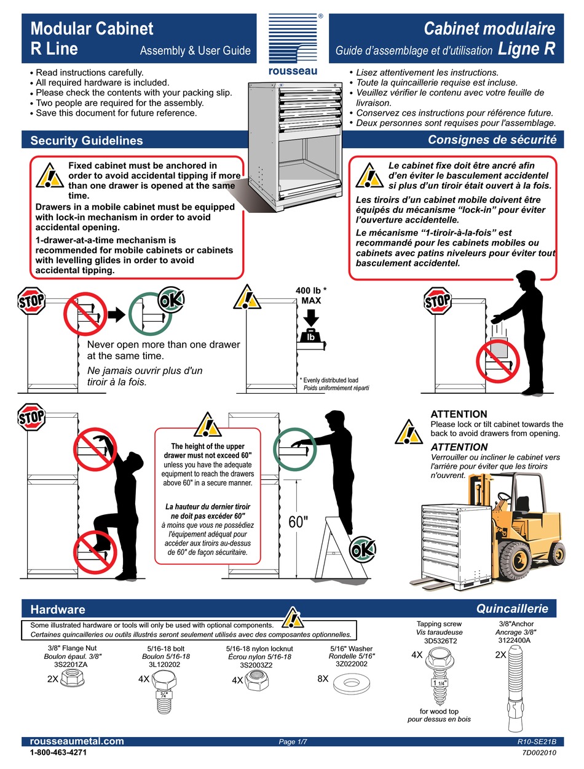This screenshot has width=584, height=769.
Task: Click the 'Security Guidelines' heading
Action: pos(87,140)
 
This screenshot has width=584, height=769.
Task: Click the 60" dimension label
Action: pos(298,522)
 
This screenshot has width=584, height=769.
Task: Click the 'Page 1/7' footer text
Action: pos(293,743)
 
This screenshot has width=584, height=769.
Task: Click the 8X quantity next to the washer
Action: pos(323,679)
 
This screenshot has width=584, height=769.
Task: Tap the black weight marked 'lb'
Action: pos(310,337)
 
